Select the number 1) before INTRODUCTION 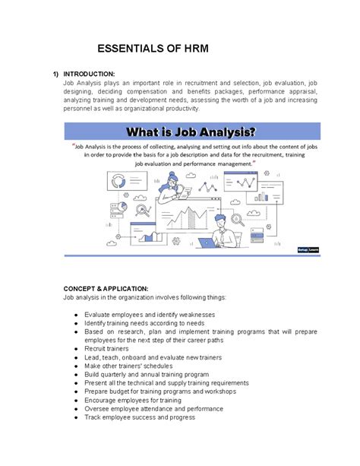(x=55, y=74)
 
